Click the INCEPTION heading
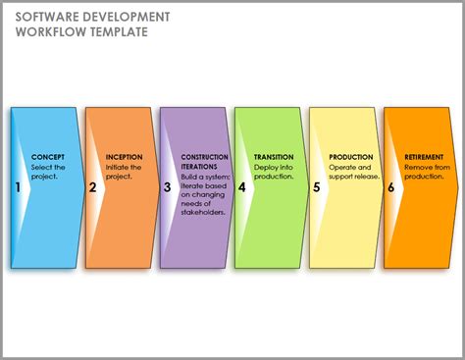(x=124, y=157)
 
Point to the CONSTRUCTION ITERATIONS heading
(x=205, y=162)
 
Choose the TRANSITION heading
(x=274, y=157)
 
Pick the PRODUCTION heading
(x=351, y=157)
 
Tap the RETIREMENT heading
(x=425, y=157)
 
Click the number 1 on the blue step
(x=18, y=186)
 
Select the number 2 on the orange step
(x=92, y=186)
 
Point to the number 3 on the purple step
(x=167, y=186)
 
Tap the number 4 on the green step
(x=241, y=186)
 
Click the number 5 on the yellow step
(x=316, y=186)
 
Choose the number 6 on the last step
(x=390, y=186)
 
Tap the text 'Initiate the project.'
(x=124, y=172)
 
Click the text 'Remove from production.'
(x=426, y=172)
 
